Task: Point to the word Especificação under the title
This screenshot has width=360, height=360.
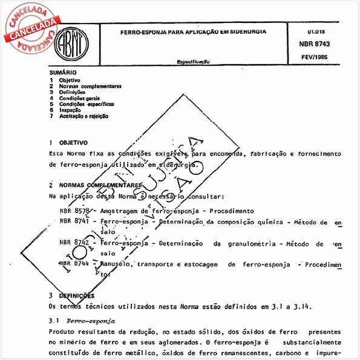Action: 194,62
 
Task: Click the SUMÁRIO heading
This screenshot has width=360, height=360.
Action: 63,73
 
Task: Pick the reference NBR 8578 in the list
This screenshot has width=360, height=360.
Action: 74,211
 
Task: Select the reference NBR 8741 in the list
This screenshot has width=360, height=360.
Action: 74,222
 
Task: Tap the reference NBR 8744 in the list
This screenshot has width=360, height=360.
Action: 74,264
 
